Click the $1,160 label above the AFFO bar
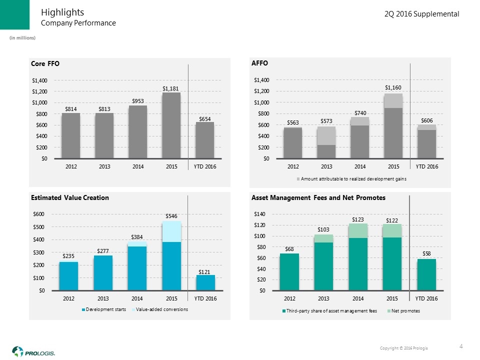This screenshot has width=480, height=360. pos(393,87)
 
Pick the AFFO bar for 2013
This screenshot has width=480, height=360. pos(326,142)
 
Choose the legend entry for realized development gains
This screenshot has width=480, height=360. pos(352,178)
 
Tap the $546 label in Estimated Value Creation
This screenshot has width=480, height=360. pos(171,215)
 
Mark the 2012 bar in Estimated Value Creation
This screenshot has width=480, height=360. pos(69,276)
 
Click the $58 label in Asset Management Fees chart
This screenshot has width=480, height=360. pos(426,253)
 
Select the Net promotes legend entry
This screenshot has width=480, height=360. pos(405,311)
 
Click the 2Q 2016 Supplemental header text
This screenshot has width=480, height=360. pos(421,14)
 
